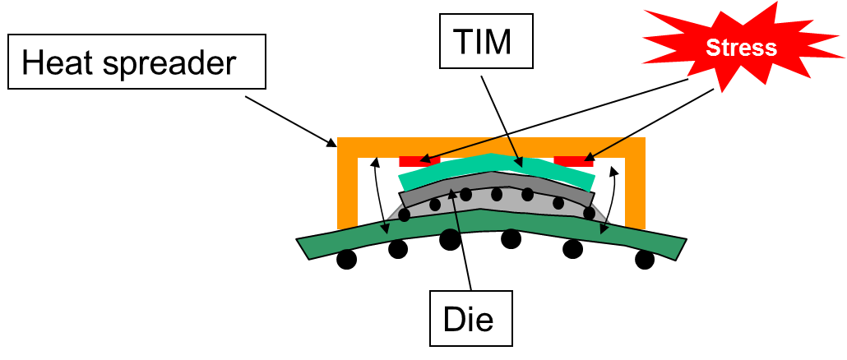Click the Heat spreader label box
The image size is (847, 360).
[x=137, y=62]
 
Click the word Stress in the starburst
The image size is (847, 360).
[x=742, y=47]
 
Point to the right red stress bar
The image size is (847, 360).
[x=573, y=160]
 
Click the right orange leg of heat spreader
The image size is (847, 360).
[x=635, y=189]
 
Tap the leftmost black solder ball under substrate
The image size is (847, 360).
[x=347, y=259]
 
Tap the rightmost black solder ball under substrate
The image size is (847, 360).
[x=645, y=259]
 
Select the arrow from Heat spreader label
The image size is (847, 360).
[x=292, y=119]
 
